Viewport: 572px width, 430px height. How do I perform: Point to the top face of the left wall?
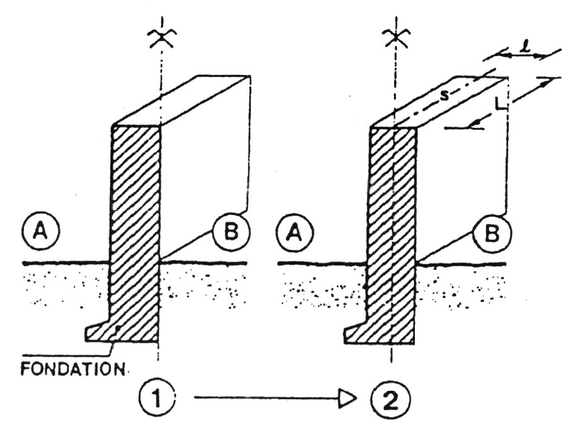click(182, 101)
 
